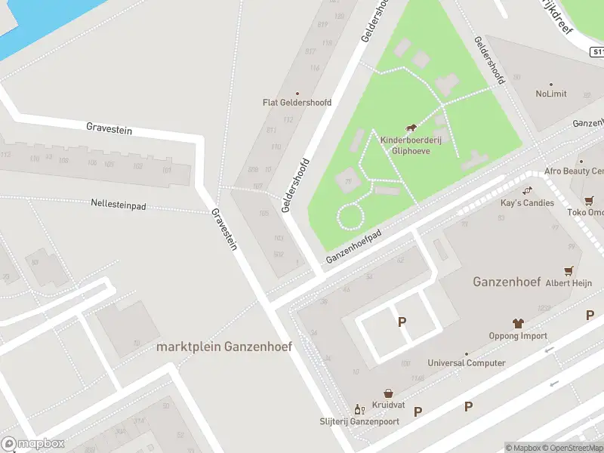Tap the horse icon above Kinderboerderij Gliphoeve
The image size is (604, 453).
click(x=411, y=129)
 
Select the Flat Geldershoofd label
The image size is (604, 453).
click(x=297, y=103)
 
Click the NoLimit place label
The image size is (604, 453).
click(x=551, y=94)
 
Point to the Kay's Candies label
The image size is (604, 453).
click(x=527, y=202)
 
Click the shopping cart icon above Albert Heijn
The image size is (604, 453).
click(x=568, y=270)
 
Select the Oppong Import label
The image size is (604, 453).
click(x=518, y=336)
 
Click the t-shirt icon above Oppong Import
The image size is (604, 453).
click(x=518, y=323)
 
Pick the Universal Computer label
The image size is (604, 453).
click(x=467, y=363)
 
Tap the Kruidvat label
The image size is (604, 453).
click(x=388, y=405)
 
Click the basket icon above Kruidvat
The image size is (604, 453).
click(x=388, y=393)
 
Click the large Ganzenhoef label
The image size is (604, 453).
click(x=506, y=282)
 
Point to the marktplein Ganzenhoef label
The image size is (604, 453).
click(x=224, y=347)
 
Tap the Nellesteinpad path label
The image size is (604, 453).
click(x=118, y=204)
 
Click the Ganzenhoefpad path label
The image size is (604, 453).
click(x=354, y=246)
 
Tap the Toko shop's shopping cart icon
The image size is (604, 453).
click(x=588, y=201)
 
